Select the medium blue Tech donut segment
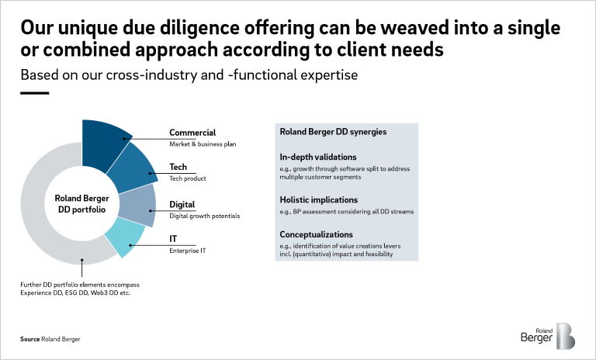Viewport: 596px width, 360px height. tap(133, 169)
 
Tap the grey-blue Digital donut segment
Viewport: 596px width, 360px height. tap(137, 206)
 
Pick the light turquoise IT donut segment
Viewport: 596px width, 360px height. tap(124, 236)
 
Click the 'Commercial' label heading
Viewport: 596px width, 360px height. tap(192, 133)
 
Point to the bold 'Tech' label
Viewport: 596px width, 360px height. tap(178, 167)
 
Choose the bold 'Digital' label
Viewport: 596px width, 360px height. tap(182, 205)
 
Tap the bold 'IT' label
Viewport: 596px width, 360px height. tap(173, 239)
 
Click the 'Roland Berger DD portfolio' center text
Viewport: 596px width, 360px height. tap(81, 204)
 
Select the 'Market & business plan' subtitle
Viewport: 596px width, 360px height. tap(203, 144)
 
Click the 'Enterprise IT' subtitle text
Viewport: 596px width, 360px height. tap(187, 251)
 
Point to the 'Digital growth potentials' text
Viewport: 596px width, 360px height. tap(205, 216)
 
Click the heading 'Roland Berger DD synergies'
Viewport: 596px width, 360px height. tap(333, 132)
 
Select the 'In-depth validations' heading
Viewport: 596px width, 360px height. tap(318, 157)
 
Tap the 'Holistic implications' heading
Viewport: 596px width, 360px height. tap(318, 200)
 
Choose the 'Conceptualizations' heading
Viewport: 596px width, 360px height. tap(317, 234)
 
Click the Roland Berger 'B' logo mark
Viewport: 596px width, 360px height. tap(565, 336)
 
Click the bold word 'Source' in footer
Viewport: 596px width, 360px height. tap(30, 339)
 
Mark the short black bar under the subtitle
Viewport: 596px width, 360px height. tap(35, 93)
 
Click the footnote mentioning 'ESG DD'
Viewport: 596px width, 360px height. tap(80, 289)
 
